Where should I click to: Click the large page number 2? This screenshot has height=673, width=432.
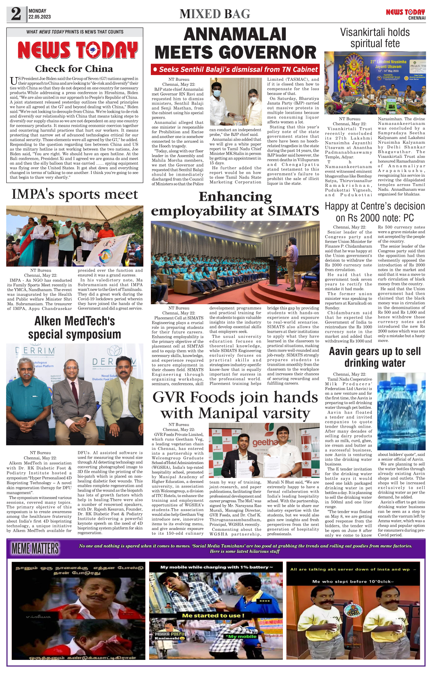[16, 14]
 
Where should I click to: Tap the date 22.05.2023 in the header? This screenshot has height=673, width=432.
[39, 17]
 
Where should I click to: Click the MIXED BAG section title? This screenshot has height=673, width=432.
[215, 14]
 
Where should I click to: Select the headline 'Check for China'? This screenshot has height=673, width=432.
[74, 69]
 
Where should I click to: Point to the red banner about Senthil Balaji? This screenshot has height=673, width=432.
[235, 70]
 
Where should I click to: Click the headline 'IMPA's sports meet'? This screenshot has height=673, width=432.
[75, 194]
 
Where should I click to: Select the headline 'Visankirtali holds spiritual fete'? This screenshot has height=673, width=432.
[375, 38]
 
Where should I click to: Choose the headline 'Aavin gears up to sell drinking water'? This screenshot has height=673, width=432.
[375, 357]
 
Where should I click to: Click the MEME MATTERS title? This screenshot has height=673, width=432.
[35, 548]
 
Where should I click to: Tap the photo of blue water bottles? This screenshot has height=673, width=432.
[401, 411]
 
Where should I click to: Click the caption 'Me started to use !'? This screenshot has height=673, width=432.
[213, 616]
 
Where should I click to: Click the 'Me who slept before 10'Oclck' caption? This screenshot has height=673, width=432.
[353, 581]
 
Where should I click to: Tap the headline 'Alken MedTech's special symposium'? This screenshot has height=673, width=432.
[75, 328]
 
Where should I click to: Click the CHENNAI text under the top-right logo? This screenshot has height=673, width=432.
[417, 18]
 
